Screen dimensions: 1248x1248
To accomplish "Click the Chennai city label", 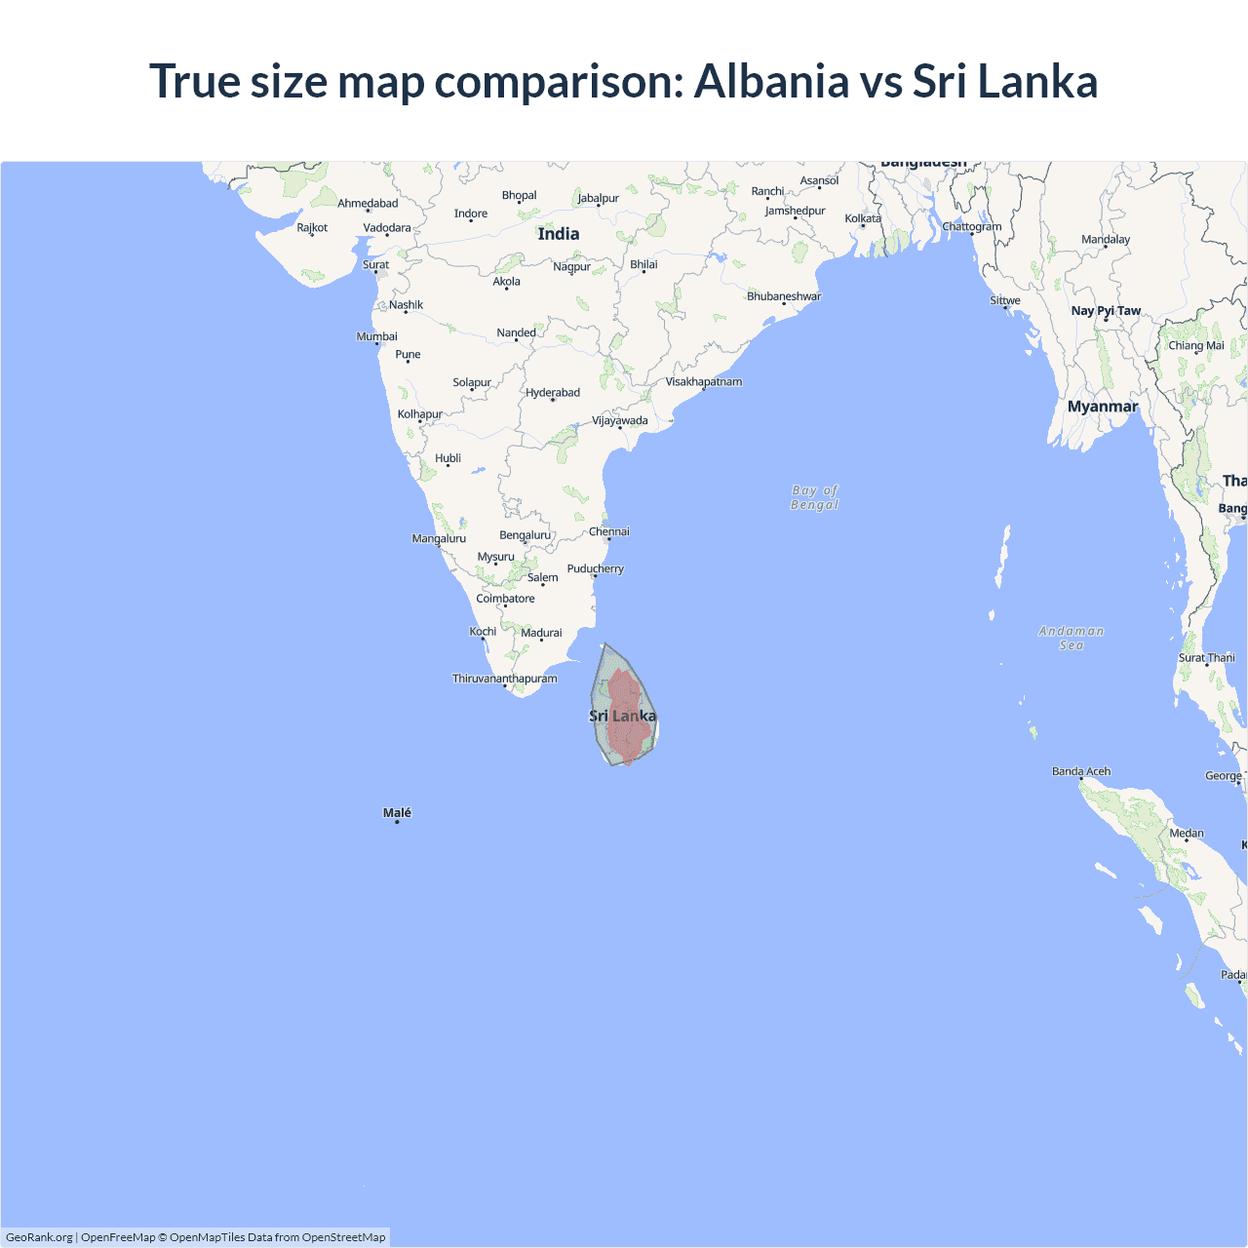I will (x=609, y=531).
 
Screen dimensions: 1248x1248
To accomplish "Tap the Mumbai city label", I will (x=376, y=336).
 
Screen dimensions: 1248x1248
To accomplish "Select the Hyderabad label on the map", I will (x=553, y=393).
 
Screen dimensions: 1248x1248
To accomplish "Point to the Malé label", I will (x=397, y=812).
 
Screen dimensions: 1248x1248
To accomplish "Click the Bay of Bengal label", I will (x=815, y=497).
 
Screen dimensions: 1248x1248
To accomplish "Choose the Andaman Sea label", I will (x=1072, y=638).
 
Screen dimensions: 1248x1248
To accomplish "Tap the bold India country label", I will (x=559, y=234).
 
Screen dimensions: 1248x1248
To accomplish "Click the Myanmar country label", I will (x=1103, y=407).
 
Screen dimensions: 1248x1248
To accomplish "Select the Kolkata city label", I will (x=863, y=218).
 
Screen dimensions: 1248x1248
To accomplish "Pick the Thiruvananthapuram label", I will (x=505, y=679).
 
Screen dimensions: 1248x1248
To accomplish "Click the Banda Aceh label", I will (x=1081, y=771).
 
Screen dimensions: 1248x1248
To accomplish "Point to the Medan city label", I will (x=1187, y=833).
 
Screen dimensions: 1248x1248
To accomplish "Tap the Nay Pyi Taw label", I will (x=1106, y=311).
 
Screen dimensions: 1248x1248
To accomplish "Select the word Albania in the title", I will (x=771, y=81).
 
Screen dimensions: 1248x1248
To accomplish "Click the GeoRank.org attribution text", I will (x=39, y=1237).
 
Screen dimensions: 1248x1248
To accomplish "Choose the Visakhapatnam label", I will (x=704, y=381).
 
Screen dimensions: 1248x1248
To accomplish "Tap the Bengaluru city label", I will (x=526, y=534).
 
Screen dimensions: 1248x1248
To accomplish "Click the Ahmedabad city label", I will (x=368, y=203).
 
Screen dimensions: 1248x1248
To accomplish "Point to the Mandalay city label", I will (x=1106, y=240).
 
